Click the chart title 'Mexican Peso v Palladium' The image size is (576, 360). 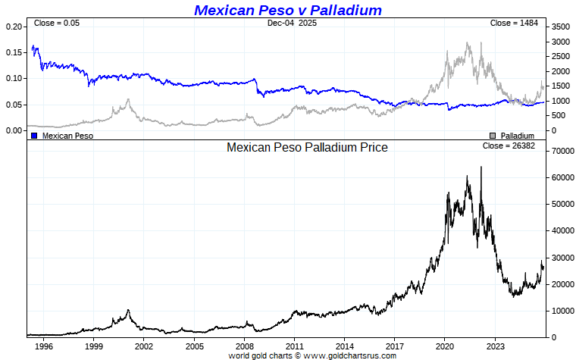[288, 10]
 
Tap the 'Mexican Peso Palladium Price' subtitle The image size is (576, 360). [307, 148]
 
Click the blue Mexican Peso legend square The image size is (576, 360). [34, 136]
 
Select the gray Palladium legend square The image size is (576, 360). [493, 136]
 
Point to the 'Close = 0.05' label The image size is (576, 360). [56, 23]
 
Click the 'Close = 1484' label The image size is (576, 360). [514, 23]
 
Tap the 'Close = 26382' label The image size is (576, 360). [509, 146]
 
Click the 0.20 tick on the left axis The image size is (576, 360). [15, 27]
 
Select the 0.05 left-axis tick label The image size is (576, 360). [15, 105]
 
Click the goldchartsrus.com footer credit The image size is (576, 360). [312, 355]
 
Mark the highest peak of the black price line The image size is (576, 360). [467, 177]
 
